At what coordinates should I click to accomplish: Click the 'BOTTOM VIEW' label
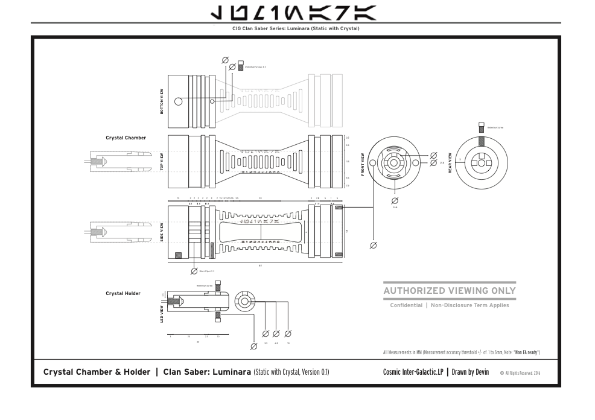[161, 102]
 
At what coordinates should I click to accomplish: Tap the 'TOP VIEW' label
[162, 161]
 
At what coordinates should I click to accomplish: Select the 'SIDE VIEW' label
[162, 232]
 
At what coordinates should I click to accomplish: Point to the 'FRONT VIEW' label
[363, 164]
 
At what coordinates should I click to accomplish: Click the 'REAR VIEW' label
[450, 163]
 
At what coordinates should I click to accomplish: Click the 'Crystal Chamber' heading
[126, 138]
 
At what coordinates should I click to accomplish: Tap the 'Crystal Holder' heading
[123, 293]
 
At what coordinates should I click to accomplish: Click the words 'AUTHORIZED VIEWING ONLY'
[450, 291]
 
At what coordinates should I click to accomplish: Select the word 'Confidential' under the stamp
[406, 305]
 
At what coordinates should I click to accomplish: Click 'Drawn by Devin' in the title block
[470, 372]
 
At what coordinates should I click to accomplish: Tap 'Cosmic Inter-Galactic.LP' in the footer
[413, 372]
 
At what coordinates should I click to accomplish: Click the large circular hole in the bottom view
[179, 101]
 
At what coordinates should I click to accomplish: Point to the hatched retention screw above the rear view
[481, 128]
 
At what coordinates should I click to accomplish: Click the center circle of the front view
[394, 162]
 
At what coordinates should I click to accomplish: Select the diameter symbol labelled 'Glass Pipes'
[194, 272]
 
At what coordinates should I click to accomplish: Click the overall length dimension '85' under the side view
[260, 266]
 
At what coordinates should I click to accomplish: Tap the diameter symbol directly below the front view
[395, 200]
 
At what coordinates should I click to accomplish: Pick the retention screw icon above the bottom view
[241, 66]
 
